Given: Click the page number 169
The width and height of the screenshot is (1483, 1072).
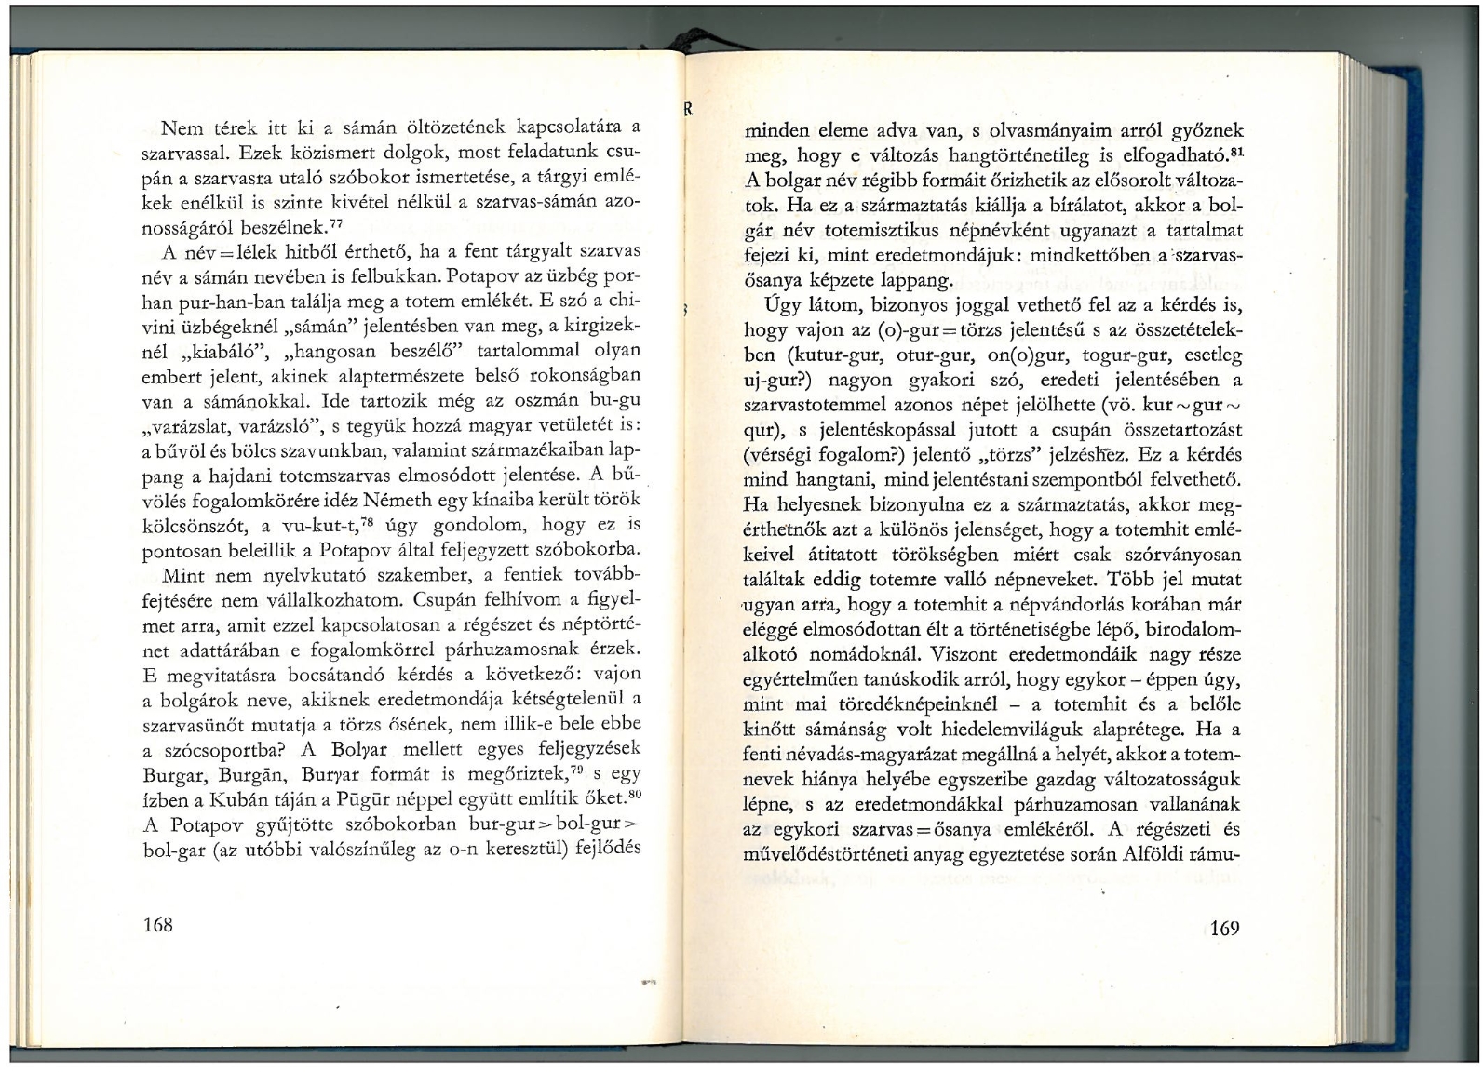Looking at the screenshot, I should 1224,928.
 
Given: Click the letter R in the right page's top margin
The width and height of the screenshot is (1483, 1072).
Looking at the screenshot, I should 689,109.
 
